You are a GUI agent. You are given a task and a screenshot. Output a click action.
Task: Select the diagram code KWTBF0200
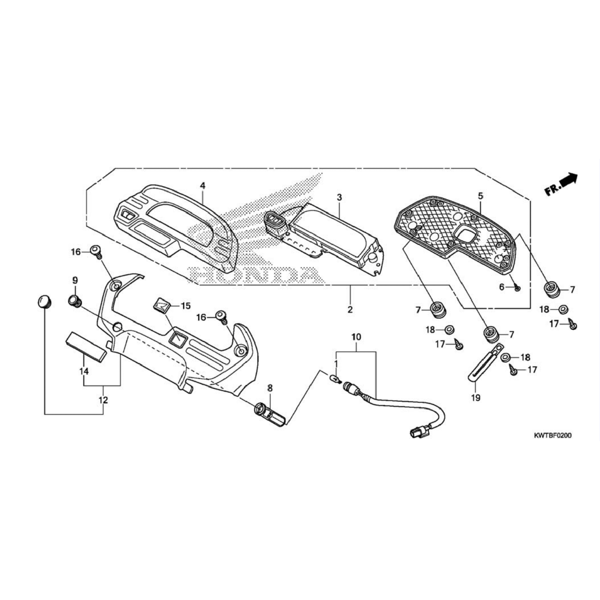point(552,435)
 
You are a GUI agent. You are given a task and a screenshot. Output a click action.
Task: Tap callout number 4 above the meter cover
point(202,185)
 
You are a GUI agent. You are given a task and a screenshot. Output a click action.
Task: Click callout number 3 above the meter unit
point(339,197)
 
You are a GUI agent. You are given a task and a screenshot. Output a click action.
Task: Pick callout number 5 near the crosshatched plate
point(480,195)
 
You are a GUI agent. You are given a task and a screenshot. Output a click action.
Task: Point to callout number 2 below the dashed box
point(350,310)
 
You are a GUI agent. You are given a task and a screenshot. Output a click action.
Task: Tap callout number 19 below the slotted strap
point(475,398)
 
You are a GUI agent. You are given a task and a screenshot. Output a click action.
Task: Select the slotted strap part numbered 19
point(485,363)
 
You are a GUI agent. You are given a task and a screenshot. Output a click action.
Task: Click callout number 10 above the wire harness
point(356,336)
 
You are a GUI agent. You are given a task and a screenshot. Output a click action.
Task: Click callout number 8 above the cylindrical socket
point(270,388)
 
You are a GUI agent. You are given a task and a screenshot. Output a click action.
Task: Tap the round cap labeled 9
point(74,300)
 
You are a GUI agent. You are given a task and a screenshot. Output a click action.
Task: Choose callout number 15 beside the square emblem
point(185,306)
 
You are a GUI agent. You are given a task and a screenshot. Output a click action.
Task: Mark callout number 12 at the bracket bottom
point(103,400)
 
